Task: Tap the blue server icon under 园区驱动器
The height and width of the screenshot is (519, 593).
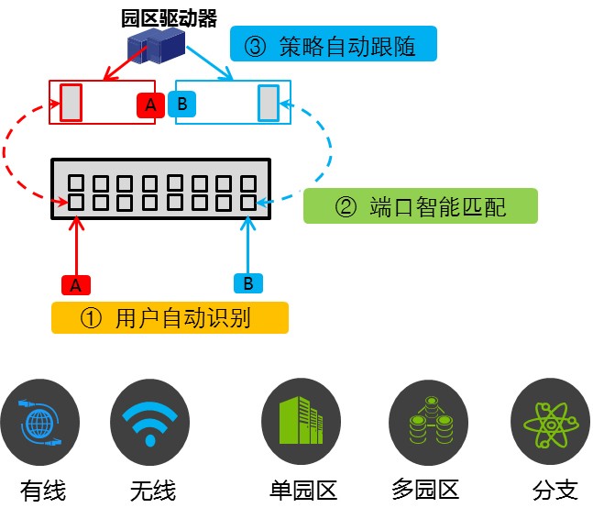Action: pyautogui.click(x=157, y=45)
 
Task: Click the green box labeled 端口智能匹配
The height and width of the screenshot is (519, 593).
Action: pyautogui.click(x=419, y=206)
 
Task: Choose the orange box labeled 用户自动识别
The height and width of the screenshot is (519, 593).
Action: pyautogui.click(x=170, y=317)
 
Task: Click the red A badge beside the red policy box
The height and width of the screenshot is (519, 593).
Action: pyautogui.click(x=149, y=105)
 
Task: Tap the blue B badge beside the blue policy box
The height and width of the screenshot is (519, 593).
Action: pyautogui.click(x=181, y=105)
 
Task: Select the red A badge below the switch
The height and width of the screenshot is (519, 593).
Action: pyautogui.click(x=76, y=284)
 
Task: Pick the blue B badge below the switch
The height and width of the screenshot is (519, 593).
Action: pyautogui.click(x=246, y=282)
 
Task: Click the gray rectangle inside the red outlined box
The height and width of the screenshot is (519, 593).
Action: pyautogui.click(x=71, y=102)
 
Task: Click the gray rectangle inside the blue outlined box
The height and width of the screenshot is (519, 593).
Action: pyautogui.click(x=268, y=102)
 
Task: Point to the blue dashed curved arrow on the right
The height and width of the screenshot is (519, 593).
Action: pyautogui.click(x=328, y=151)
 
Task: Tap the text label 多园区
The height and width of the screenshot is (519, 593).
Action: pyautogui.click(x=424, y=490)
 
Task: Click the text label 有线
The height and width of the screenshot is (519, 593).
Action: pyautogui.click(x=43, y=490)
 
